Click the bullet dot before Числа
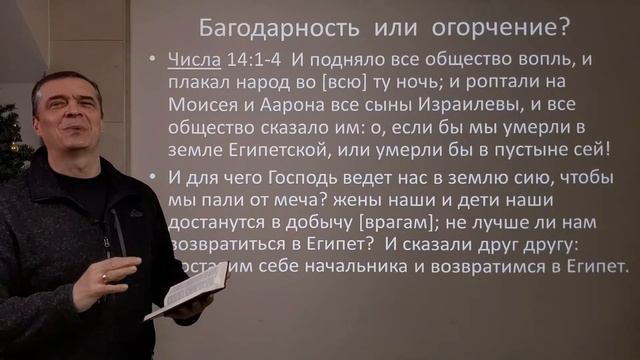click(x=149, y=59)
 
